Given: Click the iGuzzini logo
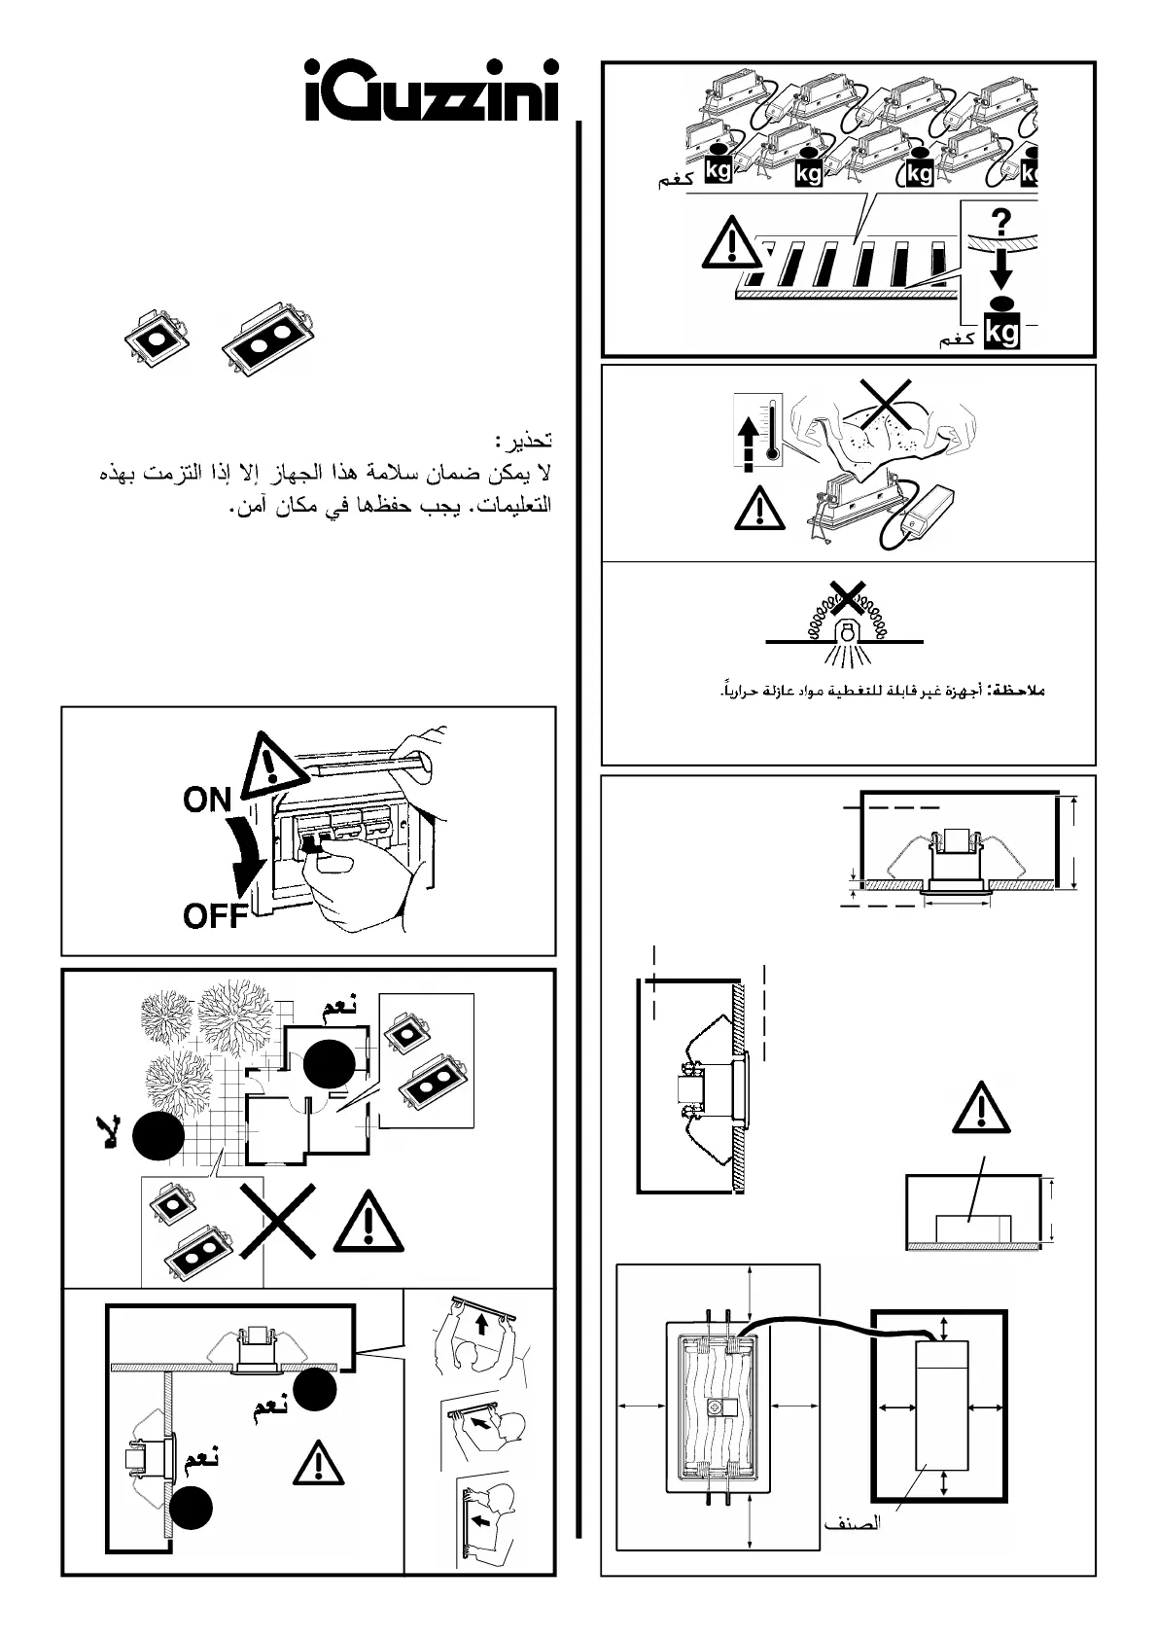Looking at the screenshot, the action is click(433, 93).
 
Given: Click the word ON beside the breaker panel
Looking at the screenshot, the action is click(206, 800).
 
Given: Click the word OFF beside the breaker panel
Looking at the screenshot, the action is click(213, 915).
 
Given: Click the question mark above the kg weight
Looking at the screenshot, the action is click(1000, 220).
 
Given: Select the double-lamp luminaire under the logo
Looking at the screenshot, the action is click(266, 342).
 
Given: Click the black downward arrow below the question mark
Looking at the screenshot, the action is click(1001, 263).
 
